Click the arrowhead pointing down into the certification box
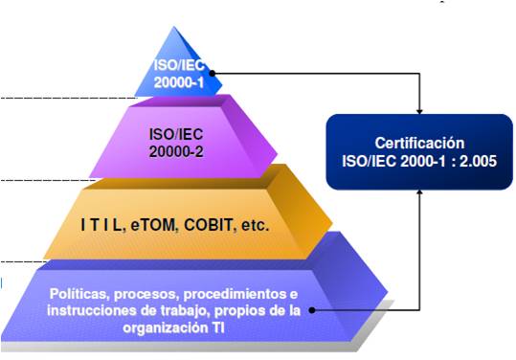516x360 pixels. [419, 107]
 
